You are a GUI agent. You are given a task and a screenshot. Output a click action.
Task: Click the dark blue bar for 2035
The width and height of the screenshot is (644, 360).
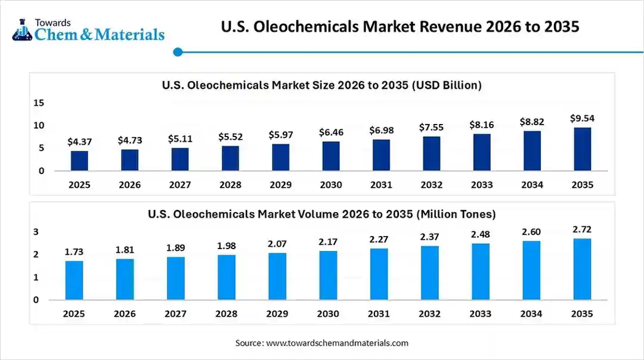click(x=583, y=149)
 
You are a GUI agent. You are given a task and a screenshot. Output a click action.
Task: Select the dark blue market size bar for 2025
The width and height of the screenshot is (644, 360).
click(x=79, y=160)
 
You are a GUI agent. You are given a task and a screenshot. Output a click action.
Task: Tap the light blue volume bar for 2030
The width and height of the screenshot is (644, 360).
click(x=328, y=275)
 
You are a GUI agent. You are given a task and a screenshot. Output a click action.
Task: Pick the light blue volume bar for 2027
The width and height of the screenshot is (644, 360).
click(x=176, y=278)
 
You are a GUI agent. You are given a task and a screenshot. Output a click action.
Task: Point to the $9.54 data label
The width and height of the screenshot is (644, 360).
click(x=583, y=118)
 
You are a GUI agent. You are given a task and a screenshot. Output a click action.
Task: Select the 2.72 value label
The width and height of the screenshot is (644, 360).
click(x=583, y=229)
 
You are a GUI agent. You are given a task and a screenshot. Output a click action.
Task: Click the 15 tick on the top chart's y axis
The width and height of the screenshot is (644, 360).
click(x=39, y=103)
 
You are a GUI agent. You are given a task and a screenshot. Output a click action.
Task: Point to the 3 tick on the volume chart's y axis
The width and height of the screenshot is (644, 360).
click(x=36, y=231)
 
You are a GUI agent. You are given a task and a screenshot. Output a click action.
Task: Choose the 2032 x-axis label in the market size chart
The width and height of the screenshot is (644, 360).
click(x=432, y=185)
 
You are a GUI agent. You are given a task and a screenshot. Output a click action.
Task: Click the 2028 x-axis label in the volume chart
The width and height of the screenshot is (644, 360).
click(x=227, y=314)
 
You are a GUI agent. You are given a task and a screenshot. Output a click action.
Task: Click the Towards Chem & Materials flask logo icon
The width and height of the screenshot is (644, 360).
click(x=21, y=29)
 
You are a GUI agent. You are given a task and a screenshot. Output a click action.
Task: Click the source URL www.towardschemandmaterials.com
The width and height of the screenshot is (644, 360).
click(x=337, y=343)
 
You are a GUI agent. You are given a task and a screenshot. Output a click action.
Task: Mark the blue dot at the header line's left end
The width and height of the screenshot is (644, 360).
click(x=177, y=52)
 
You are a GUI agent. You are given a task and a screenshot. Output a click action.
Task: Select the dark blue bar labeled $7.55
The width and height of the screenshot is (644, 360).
click(x=432, y=154)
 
